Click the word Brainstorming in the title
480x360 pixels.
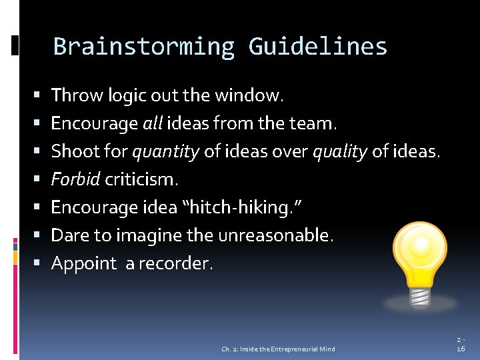[x=143, y=47]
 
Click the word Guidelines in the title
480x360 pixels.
[x=317, y=47]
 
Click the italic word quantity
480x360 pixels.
[x=165, y=152]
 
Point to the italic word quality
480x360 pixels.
[x=340, y=152]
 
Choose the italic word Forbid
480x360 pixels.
[x=75, y=180]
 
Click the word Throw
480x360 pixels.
[x=73, y=96]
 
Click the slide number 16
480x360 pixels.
[x=460, y=349]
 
